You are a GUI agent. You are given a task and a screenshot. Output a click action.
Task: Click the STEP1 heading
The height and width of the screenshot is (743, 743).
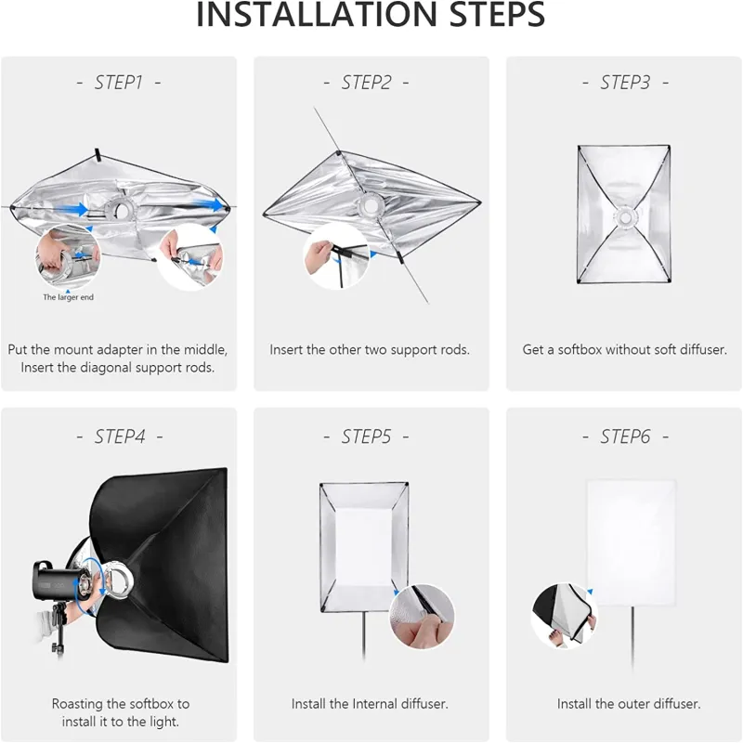pos(119,83)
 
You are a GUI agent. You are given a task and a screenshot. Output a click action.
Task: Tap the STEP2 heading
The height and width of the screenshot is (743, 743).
pos(366,83)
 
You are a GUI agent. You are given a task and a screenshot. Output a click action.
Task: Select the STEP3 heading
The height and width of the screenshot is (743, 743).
pos(625,83)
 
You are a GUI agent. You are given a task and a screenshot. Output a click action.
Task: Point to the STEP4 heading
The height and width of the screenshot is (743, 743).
pos(120,437)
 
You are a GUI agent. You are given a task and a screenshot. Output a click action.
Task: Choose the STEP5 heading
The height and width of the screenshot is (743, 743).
pos(366,437)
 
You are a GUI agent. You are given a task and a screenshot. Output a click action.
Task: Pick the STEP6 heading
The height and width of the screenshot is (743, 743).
pos(625,437)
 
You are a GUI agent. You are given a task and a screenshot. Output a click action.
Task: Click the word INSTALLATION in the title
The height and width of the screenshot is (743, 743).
pos(316,15)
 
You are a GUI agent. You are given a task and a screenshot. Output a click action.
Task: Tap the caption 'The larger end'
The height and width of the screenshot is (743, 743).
pos(68,297)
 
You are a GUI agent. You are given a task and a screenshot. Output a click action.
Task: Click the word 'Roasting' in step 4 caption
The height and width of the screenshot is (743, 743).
pos(76,704)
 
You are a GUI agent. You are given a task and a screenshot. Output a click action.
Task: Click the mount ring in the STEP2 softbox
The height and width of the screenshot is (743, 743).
pos(370,205)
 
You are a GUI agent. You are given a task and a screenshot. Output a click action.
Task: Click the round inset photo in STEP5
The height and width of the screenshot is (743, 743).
pos(422,616)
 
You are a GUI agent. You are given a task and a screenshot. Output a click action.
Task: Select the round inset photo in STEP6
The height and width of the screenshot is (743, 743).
pos(564,615)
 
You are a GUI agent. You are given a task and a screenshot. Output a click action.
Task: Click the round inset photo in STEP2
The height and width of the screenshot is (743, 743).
pos(336,256)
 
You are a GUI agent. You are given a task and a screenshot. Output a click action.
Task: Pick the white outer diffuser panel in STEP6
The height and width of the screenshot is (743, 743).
pos(632,542)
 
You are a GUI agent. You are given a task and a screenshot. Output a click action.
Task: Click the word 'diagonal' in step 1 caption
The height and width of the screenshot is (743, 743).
pos(104,367)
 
